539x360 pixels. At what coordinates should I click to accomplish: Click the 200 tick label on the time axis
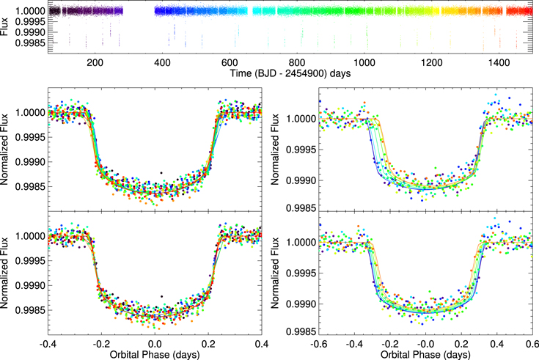tap(95, 62)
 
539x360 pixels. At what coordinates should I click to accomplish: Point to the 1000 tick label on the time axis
tap(364, 62)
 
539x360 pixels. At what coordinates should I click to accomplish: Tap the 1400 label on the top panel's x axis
tap(499, 62)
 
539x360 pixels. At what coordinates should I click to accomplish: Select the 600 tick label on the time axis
tap(230, 62)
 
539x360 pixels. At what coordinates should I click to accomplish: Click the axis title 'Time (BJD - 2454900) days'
tap(290, 73)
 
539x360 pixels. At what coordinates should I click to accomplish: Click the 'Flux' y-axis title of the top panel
tap(4, 27)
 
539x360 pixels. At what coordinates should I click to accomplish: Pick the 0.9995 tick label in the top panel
tap(30, 22)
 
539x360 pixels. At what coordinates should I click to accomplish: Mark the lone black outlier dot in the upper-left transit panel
tap(161, 172)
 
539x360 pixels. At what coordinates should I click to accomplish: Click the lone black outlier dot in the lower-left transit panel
tap(161, 296)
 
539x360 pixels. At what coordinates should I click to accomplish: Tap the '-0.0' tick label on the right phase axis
tap(425, 344)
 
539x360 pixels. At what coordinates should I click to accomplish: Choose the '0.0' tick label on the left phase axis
tap(155, 344)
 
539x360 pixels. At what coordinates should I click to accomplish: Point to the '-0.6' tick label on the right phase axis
tap(319, 344)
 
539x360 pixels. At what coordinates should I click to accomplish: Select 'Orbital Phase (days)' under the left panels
tap(155, 354)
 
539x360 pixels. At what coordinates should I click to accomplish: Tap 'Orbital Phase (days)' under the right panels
tap(425, 354)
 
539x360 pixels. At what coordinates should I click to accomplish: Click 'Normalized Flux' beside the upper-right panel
tap(275, 150)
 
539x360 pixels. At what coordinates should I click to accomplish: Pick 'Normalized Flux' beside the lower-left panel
tap(4, 273)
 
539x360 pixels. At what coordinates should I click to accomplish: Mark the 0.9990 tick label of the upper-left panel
tap(30, 162)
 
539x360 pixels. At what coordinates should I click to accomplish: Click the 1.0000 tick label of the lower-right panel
tap(301, 243)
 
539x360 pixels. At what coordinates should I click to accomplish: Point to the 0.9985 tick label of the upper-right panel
tap(301, 208)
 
